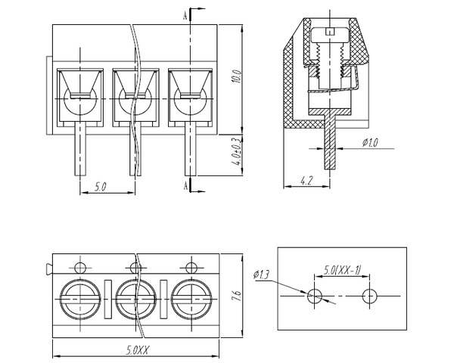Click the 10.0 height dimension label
click(x=237, y=77)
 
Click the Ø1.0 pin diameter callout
click(x=371, y=141)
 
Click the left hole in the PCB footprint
click(x=315, y=296)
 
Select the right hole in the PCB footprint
click(x=369, y=296)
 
